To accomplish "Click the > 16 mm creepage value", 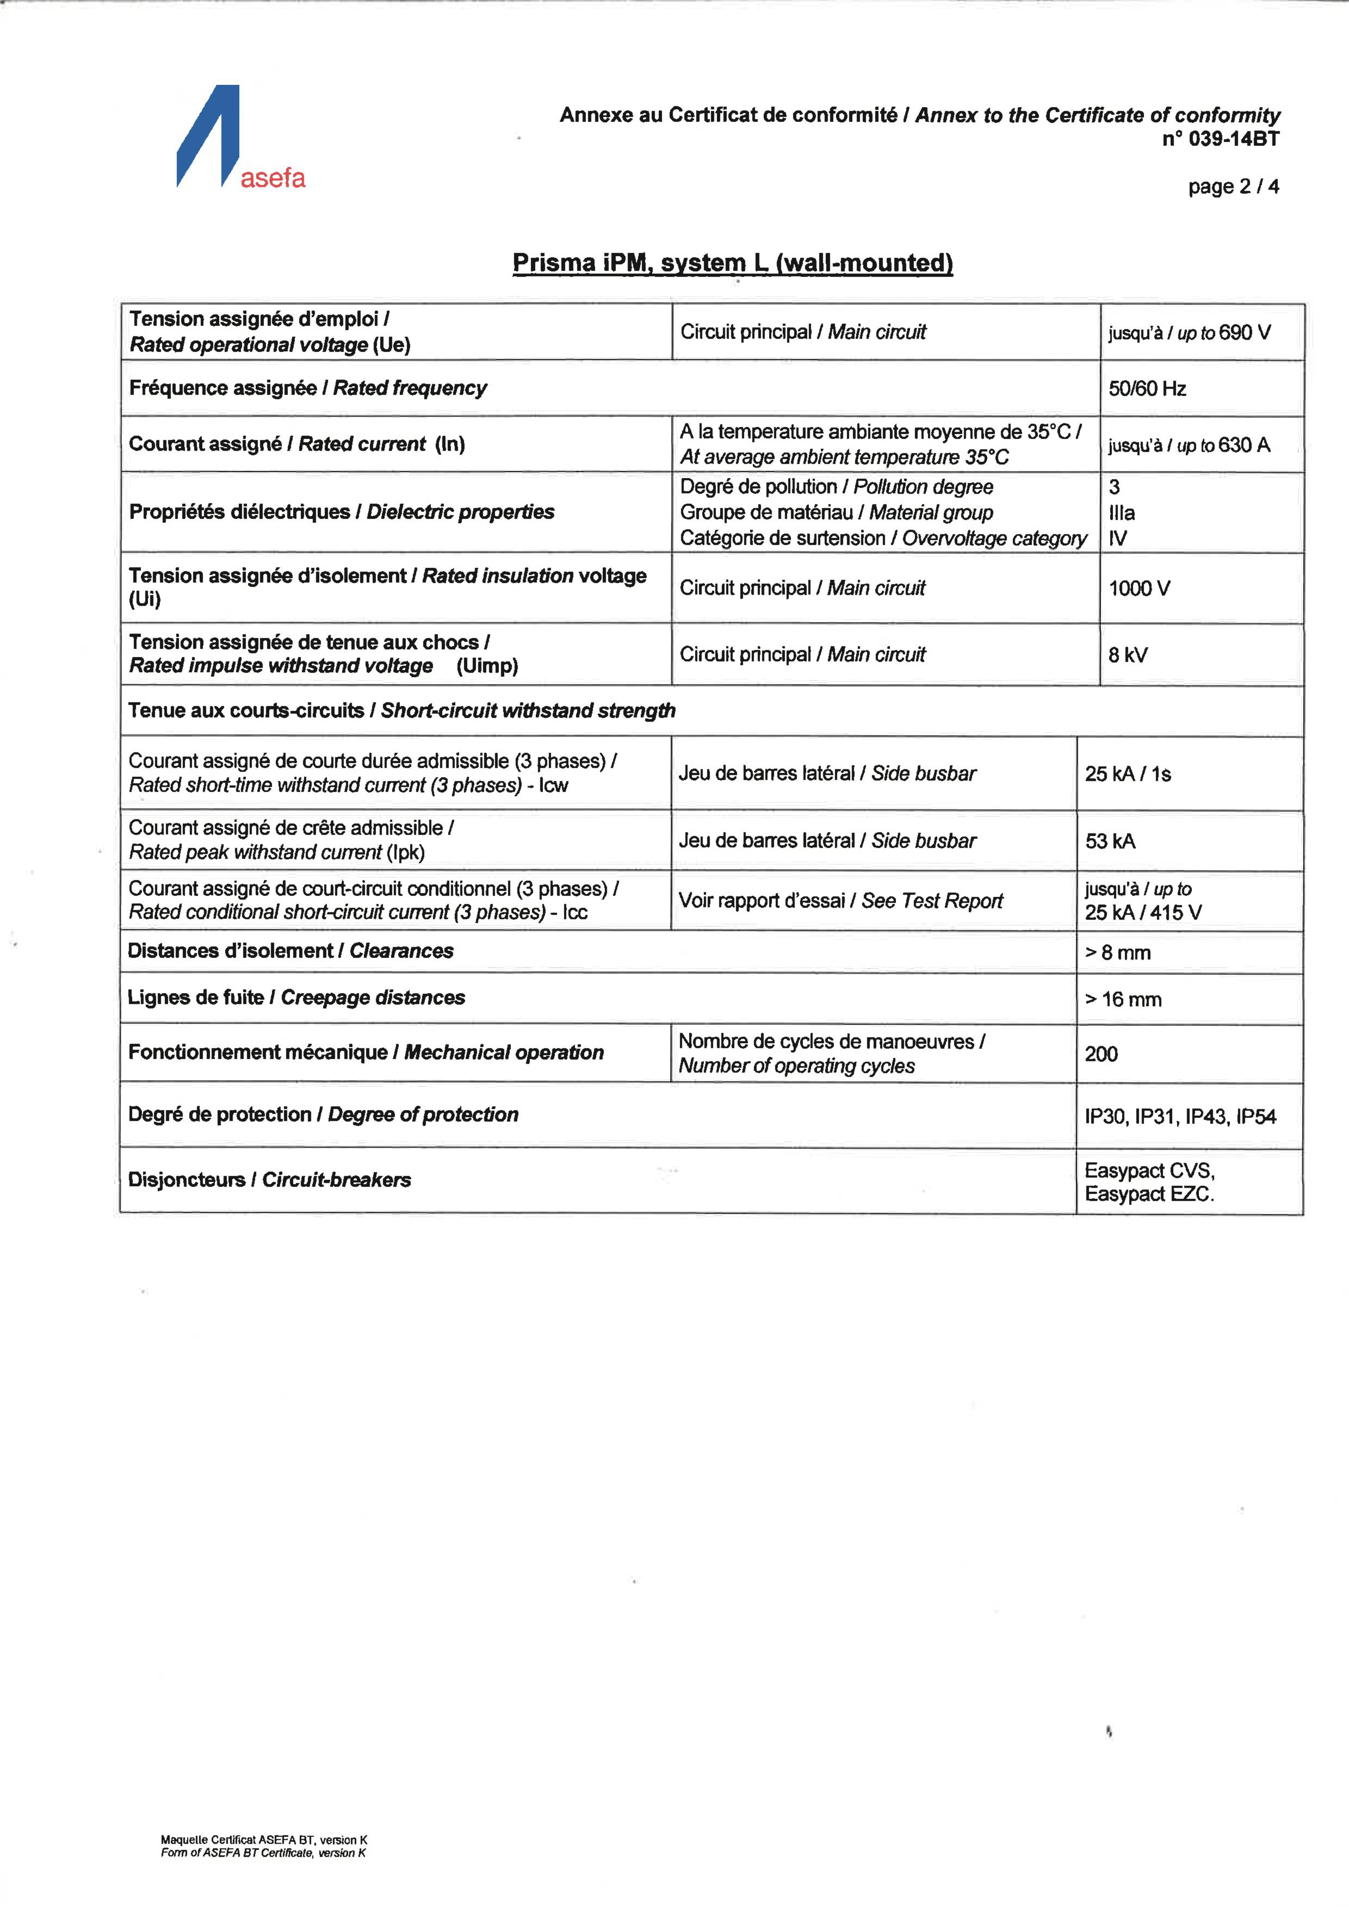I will (x=1123, y=999).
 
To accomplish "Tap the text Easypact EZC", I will (x=1149, y=1194).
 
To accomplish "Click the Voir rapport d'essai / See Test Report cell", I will (x=840, y=901).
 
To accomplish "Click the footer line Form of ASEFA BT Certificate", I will (x=263, y=1853).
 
